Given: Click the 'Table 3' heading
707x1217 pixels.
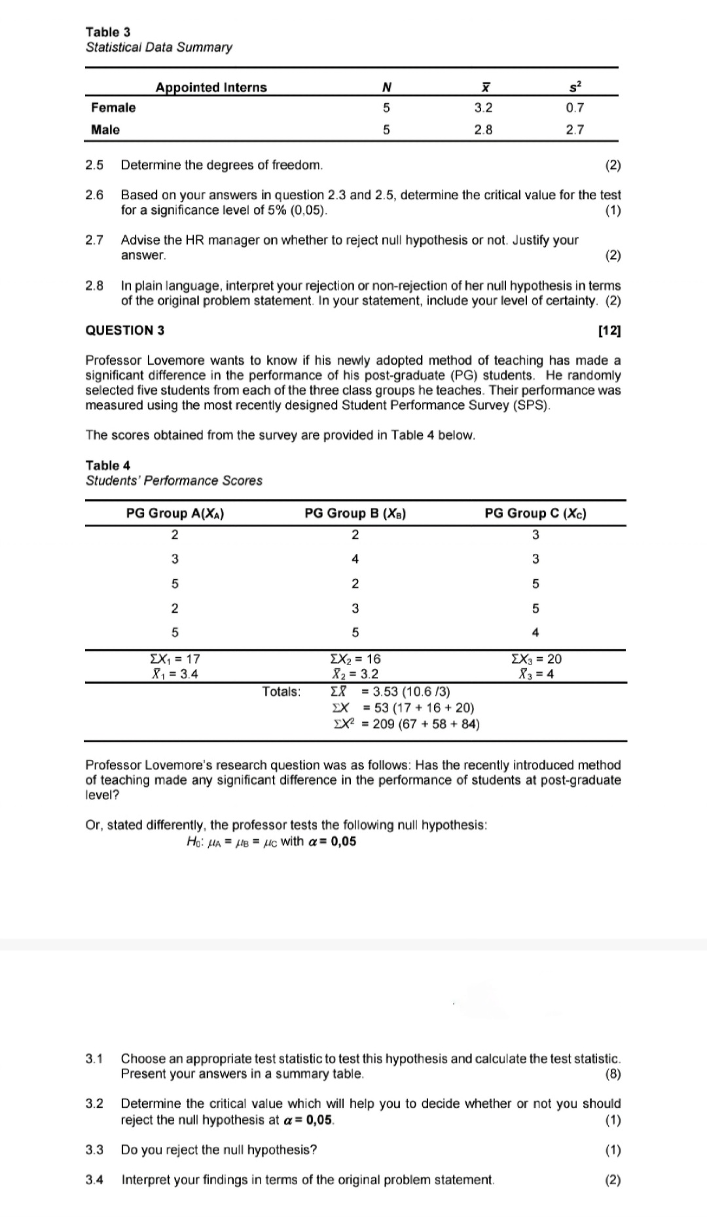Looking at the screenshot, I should pyautogui.click(x=108, y=32).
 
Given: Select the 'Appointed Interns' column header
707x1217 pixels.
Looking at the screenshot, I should pyautogui.click(x=211, y=88).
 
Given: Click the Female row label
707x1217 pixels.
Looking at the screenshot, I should pyautogui.click(x=113, y=108).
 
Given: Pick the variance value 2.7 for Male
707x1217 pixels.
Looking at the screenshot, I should pyautogui.click(x=575, y=130).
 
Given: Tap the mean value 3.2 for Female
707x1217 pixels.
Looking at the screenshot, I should pyautogui.click(x=483, y=108).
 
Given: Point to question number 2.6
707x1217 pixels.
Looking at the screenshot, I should pyautogui.click(x=94, y=195).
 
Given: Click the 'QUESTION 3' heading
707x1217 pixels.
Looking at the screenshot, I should pyautogui.click(x=125, y=331).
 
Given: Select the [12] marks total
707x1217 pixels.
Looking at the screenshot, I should pyautogui.click(x=609, y=331).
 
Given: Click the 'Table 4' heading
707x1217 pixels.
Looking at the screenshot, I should pyautogui.click(x=108, y=465).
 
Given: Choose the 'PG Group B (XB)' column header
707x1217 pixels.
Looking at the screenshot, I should pyautogui.click(x=355, y=514).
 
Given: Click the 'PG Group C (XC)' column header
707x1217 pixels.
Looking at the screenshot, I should pyautogui.click(x=535, y=514).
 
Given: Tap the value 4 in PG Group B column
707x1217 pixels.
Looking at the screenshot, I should pyautogui.click(x=355, y=559).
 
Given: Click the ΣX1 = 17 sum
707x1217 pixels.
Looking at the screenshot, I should pyautogui.click(x=175, y=659).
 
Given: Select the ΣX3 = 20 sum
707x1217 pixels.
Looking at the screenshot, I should pyautogui.click(x=535, y=659).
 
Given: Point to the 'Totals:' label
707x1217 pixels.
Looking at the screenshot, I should pyautogui.click(x=281, y=692).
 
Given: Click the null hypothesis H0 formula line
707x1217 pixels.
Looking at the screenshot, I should pyautogui.click(x=272, y=842).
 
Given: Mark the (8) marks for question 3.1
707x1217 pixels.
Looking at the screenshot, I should pyautogui.click(x=613, y=1074).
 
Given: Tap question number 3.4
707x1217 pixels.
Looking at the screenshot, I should pyautogui.click(x=94, y=1180).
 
